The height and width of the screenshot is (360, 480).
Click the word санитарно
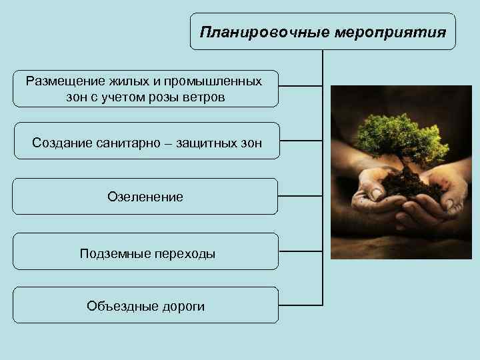(130, 143)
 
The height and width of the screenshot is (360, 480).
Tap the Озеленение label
(145, 197)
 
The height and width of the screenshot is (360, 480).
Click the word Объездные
(118, 306)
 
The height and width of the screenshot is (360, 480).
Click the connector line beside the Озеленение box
(301, 196)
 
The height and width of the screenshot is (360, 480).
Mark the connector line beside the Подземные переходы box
(301, 251)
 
